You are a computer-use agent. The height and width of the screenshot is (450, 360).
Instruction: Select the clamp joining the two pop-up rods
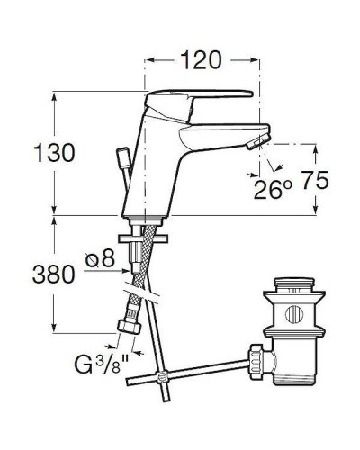[162, 378]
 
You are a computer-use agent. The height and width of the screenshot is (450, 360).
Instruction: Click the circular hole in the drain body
[293, 316]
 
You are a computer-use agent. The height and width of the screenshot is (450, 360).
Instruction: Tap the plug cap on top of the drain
[293, 289]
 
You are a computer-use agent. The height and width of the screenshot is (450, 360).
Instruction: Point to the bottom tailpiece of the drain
[294, 382]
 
